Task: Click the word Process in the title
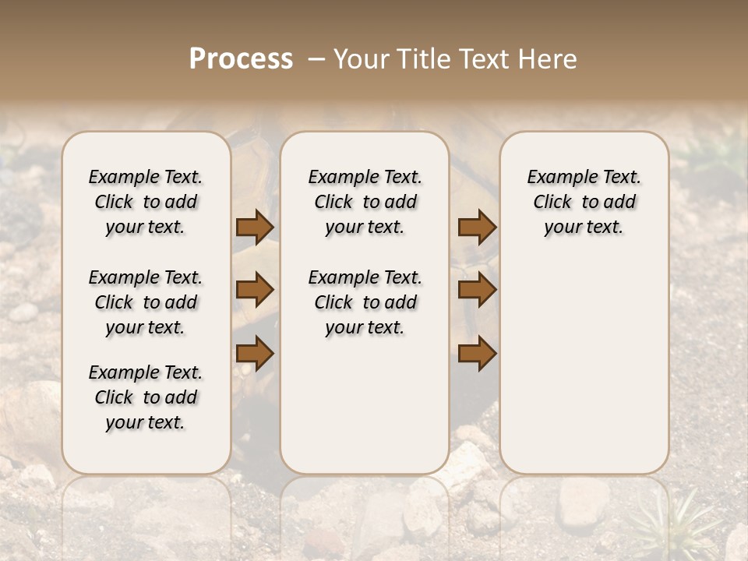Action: click(241, 59)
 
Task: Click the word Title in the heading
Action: click(421, 59)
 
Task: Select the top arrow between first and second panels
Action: click(255, 228)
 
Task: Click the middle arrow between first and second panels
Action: click(255, 290)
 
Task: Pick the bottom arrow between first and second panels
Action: click(255, 353)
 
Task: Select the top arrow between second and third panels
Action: click(477, 228)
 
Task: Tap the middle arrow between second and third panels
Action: click(477, 290)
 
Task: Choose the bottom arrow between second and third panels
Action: click(477, 353)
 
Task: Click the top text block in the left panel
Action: click(146, 202)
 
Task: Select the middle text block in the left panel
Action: click(146, 302)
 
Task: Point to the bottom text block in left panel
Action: click(146, 397)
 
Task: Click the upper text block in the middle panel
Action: click(365, 202)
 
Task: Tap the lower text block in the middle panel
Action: click(365, 302)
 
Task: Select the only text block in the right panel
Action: click(584, 202)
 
